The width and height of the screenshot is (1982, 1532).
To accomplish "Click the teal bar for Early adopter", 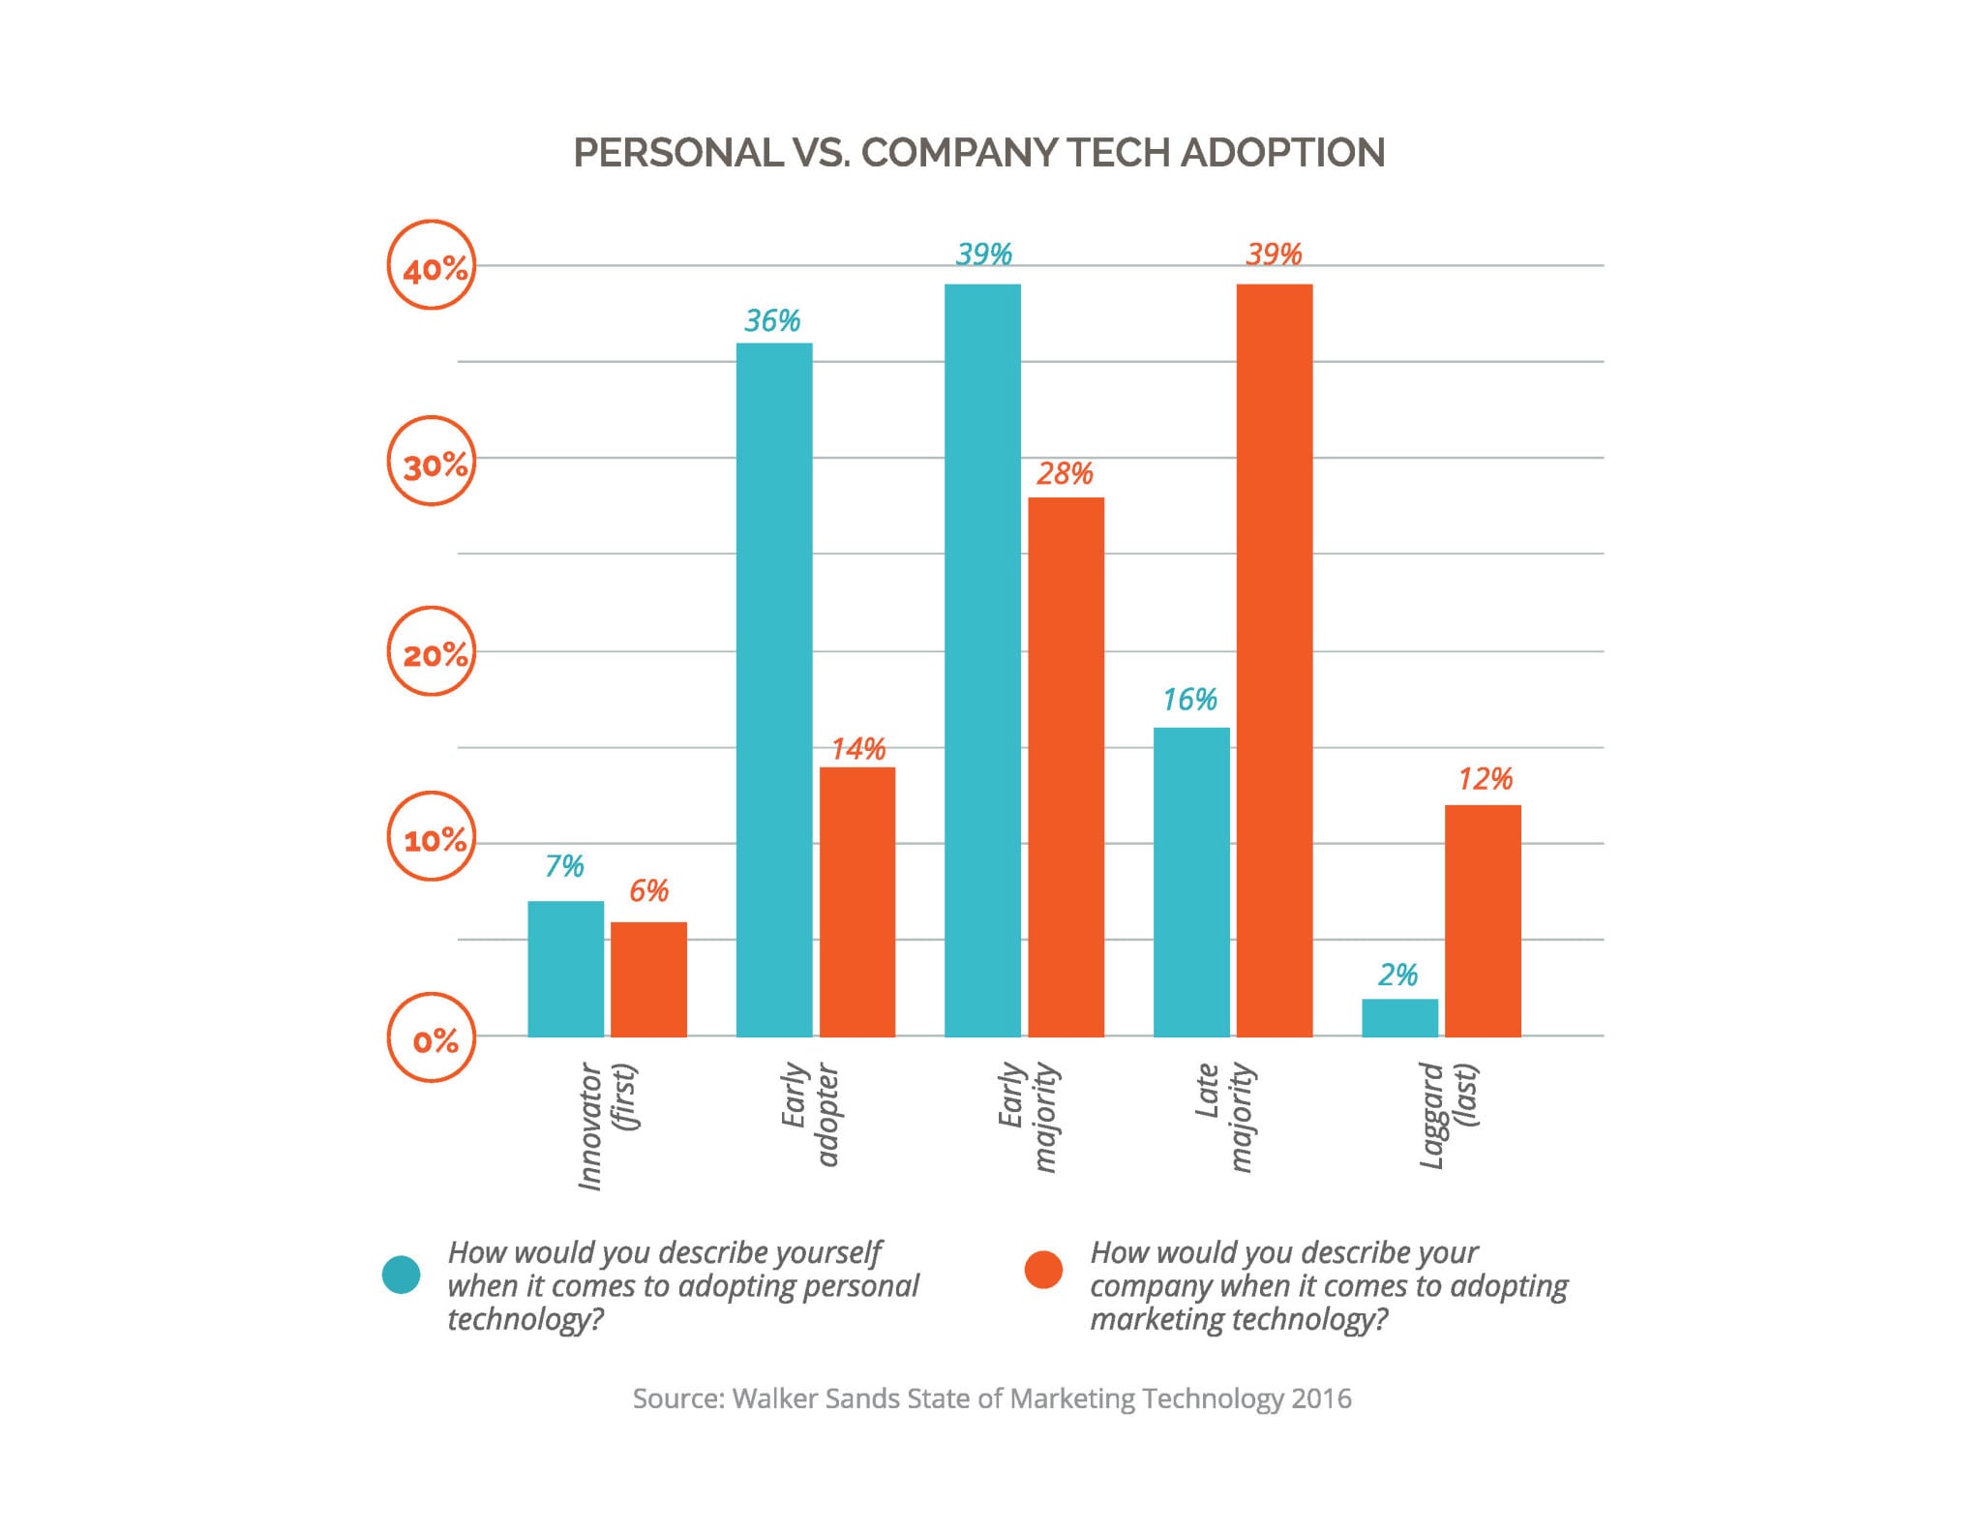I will (x=774, y=689).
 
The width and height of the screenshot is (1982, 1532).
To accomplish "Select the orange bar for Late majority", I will (x=1275, y=660).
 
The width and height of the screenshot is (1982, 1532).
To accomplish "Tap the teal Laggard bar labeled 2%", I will (x=1399, y=1017).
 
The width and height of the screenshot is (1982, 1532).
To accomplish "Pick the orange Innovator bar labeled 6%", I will (x=648, y=978).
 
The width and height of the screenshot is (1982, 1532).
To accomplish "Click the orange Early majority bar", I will (x=1066, y=766).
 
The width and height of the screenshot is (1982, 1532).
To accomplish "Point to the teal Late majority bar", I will (x=1191, y=882).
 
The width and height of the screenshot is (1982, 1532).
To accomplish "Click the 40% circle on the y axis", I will (x=432, y=265).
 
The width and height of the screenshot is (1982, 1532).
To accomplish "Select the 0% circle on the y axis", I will (x=432, y=1037).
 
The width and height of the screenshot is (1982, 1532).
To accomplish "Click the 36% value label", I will (x=772, y=320).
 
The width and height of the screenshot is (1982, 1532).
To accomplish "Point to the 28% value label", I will (x=1065, y=473).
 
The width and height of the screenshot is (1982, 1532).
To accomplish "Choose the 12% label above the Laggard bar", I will (x=1485, y=779).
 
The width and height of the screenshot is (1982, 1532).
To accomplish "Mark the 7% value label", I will (x=564, y=865).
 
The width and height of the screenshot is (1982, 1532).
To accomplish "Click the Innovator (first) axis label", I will (x=608, y=1125).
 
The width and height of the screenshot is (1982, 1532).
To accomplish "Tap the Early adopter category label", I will (x=810, y=1113).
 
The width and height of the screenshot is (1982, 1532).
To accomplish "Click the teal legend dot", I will (x=402, y=1275).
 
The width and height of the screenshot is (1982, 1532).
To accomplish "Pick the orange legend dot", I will (x=1043, y=1270).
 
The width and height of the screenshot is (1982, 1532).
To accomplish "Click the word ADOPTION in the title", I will (x=1283, y=153).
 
